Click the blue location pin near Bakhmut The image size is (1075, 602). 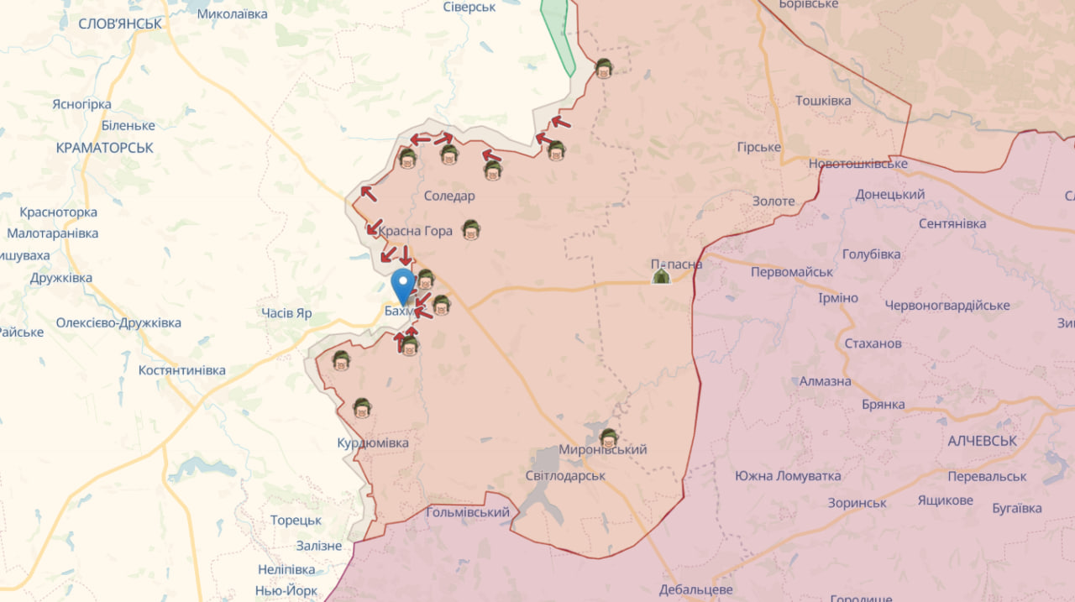pos(403,284)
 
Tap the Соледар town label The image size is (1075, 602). pos(449,196)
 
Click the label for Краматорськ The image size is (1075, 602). pos(105,147)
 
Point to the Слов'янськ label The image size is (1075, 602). pos(120,24)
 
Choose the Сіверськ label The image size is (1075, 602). pos(469,7)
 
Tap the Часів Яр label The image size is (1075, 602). pos(286,313)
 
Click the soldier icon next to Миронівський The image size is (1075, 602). pos(609,437)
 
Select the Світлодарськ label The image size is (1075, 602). pos(565,475)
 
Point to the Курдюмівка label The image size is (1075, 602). pos(373,442)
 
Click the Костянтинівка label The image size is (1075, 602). pos(182,370)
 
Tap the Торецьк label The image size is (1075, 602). pos(296,520)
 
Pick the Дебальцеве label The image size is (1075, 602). pos(696,589)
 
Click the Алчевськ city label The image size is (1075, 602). pos(982,441)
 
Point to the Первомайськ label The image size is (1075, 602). pos(792,272)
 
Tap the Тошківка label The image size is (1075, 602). pos(823,101)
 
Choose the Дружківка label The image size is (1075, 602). pos(61,278)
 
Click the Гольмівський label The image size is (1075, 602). pos(468,512)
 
